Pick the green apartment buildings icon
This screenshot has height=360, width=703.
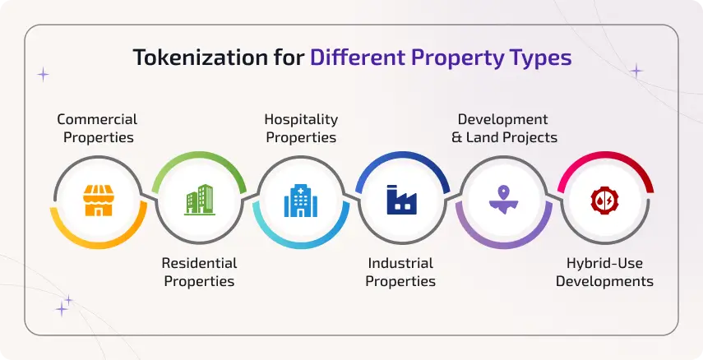tap(200, 200)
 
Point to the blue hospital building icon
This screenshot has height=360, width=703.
tap(300, 200)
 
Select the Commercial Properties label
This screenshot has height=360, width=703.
tap(97, 129)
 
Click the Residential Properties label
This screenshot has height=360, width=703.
tap(199, 272)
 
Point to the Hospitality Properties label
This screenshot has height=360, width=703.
tap(300, 129)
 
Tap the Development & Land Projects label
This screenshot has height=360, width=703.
tap(503, 129)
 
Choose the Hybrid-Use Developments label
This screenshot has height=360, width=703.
tap(604, 272)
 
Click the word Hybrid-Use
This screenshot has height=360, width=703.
tap(604, 263)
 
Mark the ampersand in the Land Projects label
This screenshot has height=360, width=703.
tap(456, 138)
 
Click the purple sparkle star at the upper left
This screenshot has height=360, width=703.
tap(43, 74)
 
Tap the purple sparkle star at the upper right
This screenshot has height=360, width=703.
tap(636, 72)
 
